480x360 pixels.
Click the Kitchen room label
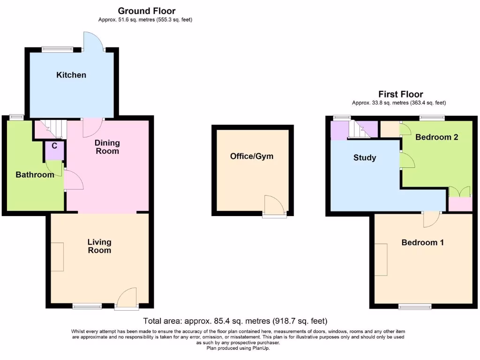(x=71, y=75)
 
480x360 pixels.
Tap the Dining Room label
(x=107, y=147)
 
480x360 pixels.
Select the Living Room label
(x=99, y=246)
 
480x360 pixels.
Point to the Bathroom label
(x=35, y=175)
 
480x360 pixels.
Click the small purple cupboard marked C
(x=54, y=150)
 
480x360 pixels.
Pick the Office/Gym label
(x=252, y=156)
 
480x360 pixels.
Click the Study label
(x=365, y=158)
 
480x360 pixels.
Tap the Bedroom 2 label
(x=436, y=137)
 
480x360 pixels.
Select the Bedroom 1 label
(x=423, y=243)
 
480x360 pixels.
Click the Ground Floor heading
(x=147, y=11)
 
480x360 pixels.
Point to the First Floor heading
(x=401, y=94)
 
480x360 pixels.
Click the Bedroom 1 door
(x=431, y=219)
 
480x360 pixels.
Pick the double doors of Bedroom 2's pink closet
(x=459, y=192)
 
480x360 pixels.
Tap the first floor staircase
(x=361, y=130)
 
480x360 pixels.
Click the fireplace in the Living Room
(x=57, y=257)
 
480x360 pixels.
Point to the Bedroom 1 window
(x=415, y=307)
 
